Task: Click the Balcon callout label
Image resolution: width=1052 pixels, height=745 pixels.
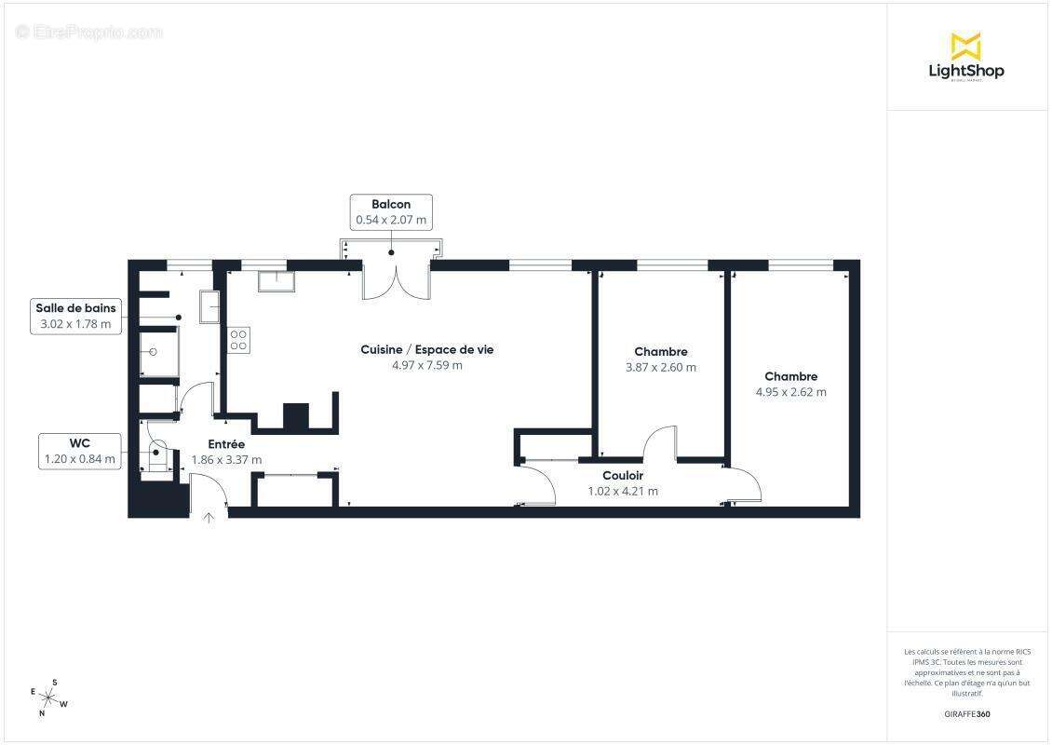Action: tap(391, 212)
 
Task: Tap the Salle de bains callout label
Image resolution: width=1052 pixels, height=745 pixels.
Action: tap(75, 316)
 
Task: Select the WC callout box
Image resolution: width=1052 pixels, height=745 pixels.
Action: tap(80, 450)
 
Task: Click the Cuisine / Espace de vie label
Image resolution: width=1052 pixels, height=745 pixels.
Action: tap(427, 349)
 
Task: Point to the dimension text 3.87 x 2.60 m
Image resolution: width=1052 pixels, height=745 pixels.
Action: tap(660, 367)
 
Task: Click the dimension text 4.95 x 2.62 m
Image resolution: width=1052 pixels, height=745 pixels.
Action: tap(790, 392)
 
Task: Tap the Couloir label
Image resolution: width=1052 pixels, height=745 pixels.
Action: tap(623, 476)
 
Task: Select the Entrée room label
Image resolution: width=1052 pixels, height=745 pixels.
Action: tap(226, 444)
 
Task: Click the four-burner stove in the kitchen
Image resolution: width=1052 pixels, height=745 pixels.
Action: tap(238, 339)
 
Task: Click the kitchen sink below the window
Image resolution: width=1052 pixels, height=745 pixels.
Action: tap(276, 280)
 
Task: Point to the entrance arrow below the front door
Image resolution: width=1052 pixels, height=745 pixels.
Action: tap(209, 518)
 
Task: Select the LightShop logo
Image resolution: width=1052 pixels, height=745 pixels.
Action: tap(966, 57)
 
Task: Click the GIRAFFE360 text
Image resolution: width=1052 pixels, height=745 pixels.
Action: tap(967, 714)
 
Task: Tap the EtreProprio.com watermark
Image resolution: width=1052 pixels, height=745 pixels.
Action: tap(89, 32)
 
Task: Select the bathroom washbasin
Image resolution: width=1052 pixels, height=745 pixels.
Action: tap(209, 305)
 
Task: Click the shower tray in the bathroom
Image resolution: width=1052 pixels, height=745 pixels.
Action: tap(158, 352)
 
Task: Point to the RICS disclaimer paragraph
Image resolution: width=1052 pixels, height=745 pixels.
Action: tap(967, 672)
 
